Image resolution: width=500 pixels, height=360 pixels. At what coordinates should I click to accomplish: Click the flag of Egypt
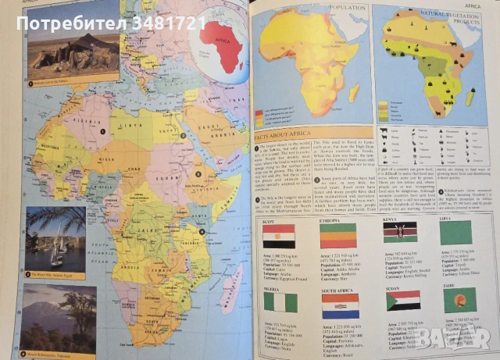click(x=280, y=233)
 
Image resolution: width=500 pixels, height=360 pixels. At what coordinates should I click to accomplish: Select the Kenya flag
click(x=399, y=232)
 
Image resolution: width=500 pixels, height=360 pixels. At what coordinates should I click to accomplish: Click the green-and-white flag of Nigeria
click(x=279, y=301)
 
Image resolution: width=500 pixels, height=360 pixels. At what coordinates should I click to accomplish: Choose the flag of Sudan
click(x=403, y=301)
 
